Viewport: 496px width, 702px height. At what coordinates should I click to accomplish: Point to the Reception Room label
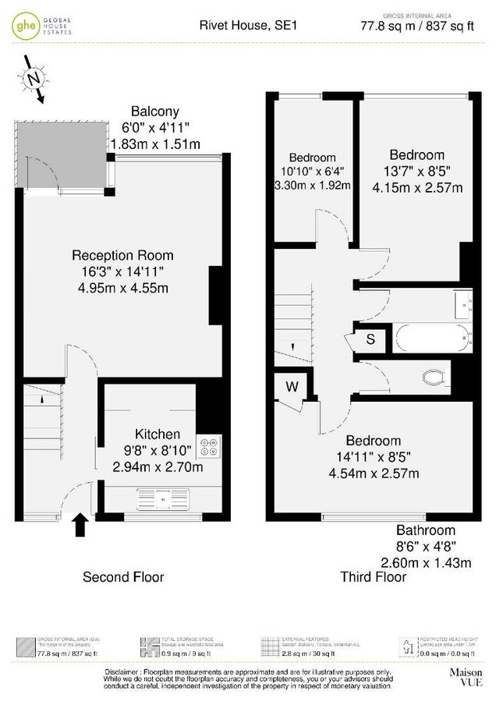[122, 255]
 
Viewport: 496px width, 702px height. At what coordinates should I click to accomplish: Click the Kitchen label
[158, 434]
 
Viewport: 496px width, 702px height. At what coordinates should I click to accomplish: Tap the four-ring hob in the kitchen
[209, 446]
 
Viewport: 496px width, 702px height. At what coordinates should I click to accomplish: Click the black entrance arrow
[80, 526]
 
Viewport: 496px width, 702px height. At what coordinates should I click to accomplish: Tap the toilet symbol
[432, 378]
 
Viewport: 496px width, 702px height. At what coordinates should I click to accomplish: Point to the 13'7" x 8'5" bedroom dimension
[417, 171]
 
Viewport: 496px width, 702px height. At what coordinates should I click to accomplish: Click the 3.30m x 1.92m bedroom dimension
[312, 185]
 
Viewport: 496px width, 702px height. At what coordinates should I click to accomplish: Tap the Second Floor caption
[123, 577]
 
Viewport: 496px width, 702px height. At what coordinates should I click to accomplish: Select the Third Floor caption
[374, 577]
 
